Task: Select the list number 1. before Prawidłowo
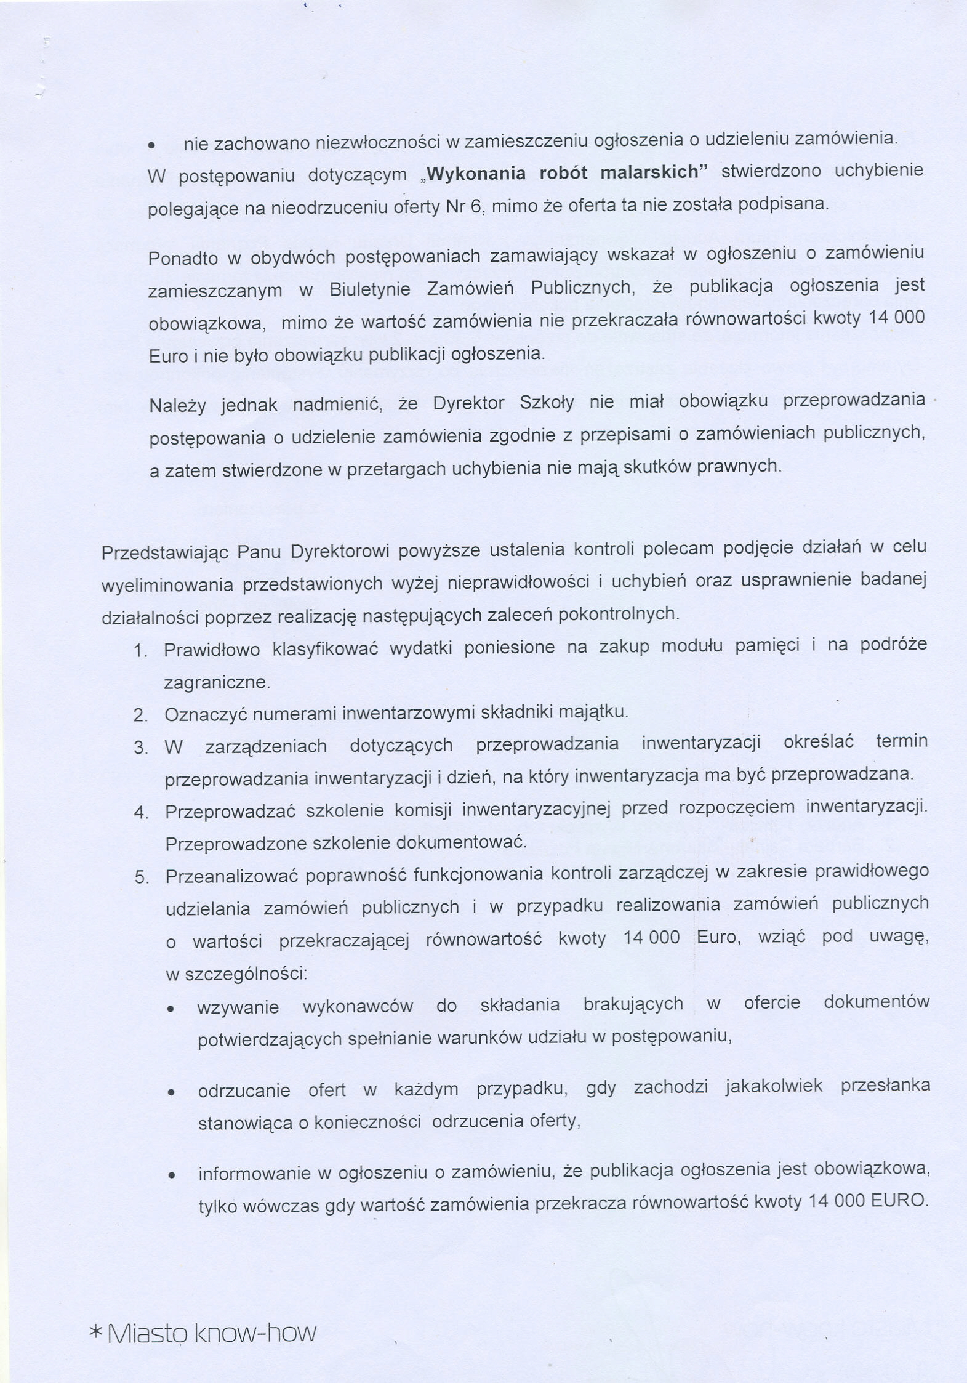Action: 140,651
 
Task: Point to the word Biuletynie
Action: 370,289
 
